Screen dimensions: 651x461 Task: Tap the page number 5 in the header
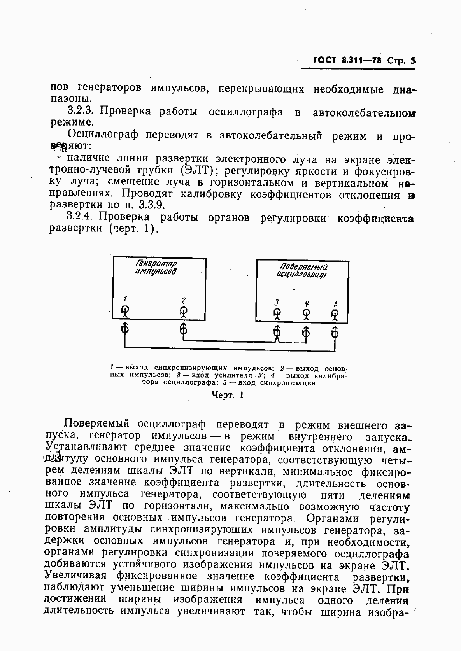click(413, 61)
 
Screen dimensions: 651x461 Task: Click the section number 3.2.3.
click(82, 111)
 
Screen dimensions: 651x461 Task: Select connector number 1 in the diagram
click(125, 299)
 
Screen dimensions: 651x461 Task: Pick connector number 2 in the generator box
click(184, 300)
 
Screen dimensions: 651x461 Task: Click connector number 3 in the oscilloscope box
click(277, 303)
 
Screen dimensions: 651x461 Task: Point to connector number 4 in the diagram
click(307, 303)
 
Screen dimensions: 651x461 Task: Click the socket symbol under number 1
click(125, 311)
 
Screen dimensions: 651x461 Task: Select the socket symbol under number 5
click(335, 314)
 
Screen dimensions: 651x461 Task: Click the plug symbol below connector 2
click(184, 330)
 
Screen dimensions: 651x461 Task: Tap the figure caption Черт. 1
click(227, 395)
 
